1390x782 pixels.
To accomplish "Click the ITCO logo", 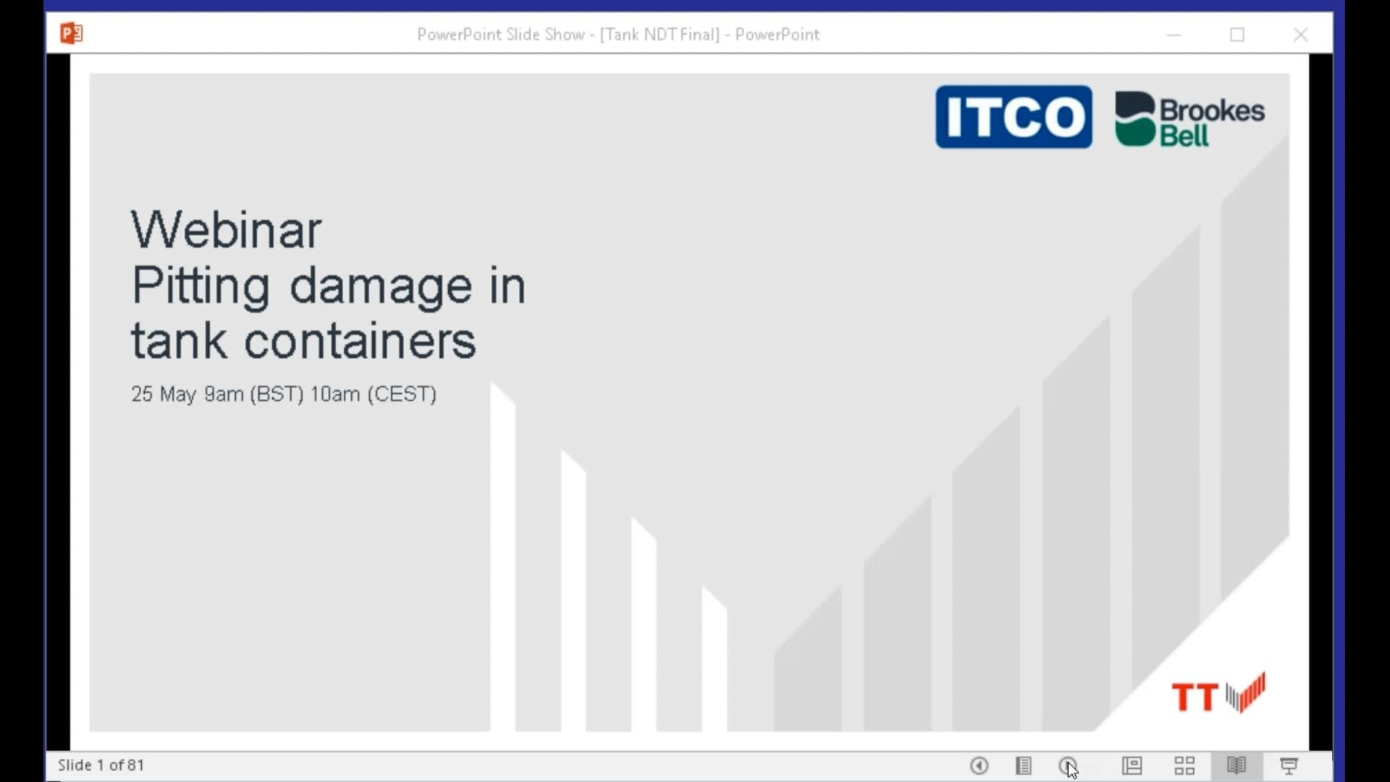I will (x=1014, y=117).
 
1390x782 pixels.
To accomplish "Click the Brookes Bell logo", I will (x=1189, y=119).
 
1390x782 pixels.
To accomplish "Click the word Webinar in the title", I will (x=226, y=230).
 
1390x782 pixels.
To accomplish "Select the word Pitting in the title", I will (x=201, y=287).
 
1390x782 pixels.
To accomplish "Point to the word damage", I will (x=381, y=287).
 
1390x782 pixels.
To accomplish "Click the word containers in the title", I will (x=360, y=341).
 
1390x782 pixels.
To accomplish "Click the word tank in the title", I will (x=178, y=341).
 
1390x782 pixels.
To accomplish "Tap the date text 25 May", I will (x=164, y=394).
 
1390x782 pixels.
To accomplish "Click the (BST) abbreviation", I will (x=277, y=394).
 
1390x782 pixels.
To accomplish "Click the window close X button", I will (x=1300, y=35).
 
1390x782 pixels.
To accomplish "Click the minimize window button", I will (x=1174, y=35).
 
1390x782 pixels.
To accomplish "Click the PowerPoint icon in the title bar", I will (x=71, y=33).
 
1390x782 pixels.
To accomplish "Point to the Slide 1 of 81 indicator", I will (x=101, y=765).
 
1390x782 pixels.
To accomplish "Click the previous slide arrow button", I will (x=979, y=765).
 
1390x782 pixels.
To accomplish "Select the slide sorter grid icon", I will (x=1184, y=765).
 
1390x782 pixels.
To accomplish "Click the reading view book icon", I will (x=1237, y=765).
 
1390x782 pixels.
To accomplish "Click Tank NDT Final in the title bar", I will (x=660, y=35).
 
